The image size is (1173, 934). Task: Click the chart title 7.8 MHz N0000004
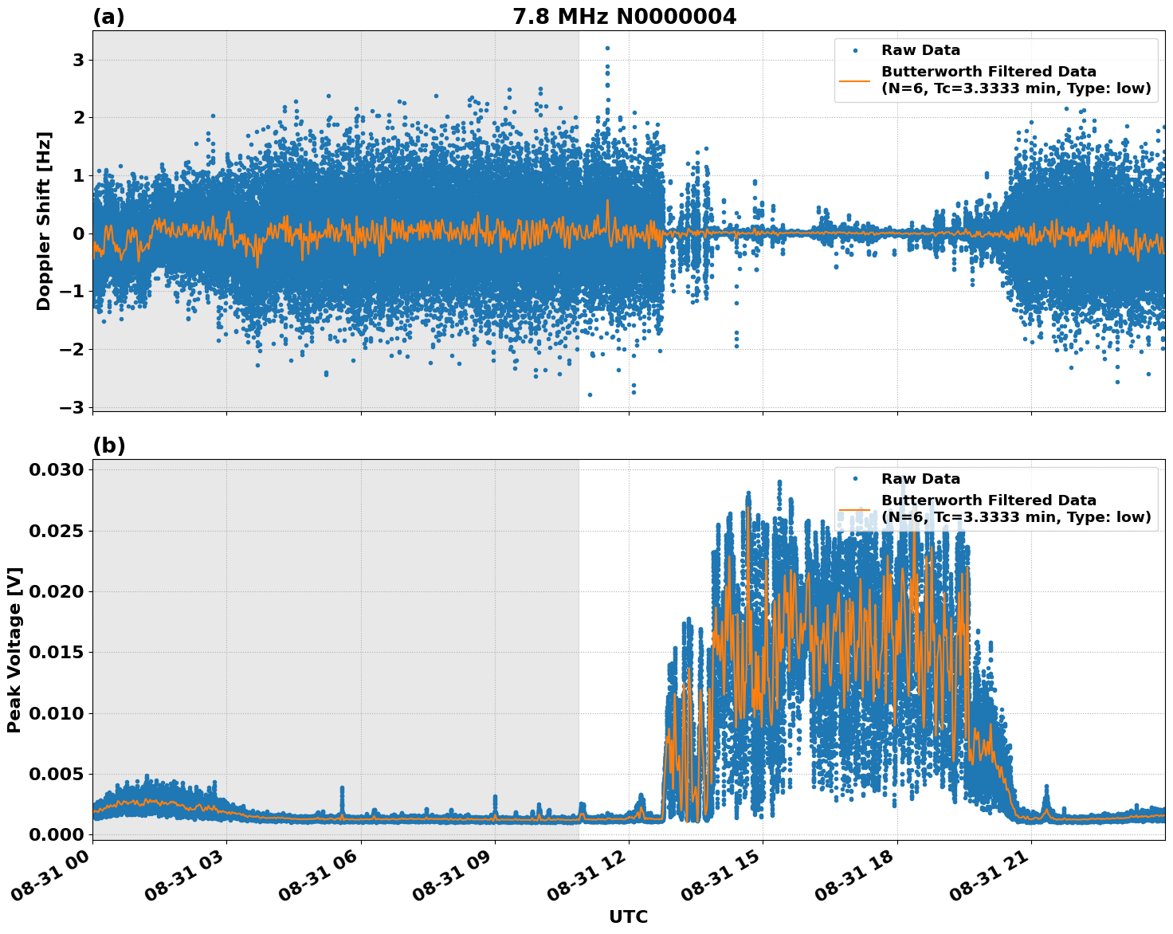pyautogui.click(x=624, y=16)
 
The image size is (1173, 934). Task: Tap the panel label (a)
pyautogui.click(x=108, y=17)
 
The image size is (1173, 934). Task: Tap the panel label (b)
pyautogui.click(x=108, y=445)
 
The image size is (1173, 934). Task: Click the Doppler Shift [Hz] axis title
pyautogui.click(x=44, y=221)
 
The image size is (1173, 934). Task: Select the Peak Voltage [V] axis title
pyautogui.click(x=14, y=649)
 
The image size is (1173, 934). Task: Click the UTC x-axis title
pyautogui.click(x=628, y=916)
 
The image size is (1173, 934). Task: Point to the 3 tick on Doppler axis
pyautogui.click(x=78, y=61)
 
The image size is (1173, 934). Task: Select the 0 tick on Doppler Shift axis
pyautogui.click(x=78, y=233)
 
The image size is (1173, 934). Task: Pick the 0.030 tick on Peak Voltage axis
pyautogui.click(x=56, y=470)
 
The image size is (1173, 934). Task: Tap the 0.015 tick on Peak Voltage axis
pyautogui.click(x=56, y=652)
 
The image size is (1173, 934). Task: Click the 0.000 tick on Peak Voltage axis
pyautogui.click(x=56, y=834)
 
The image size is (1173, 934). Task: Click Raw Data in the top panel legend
pyautogui.click(x=920, y=50)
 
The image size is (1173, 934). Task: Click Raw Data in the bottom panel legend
pyautogui.click(x=920, y=479)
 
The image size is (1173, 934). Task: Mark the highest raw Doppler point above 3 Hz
pyautogui.click(x=607, y=48)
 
